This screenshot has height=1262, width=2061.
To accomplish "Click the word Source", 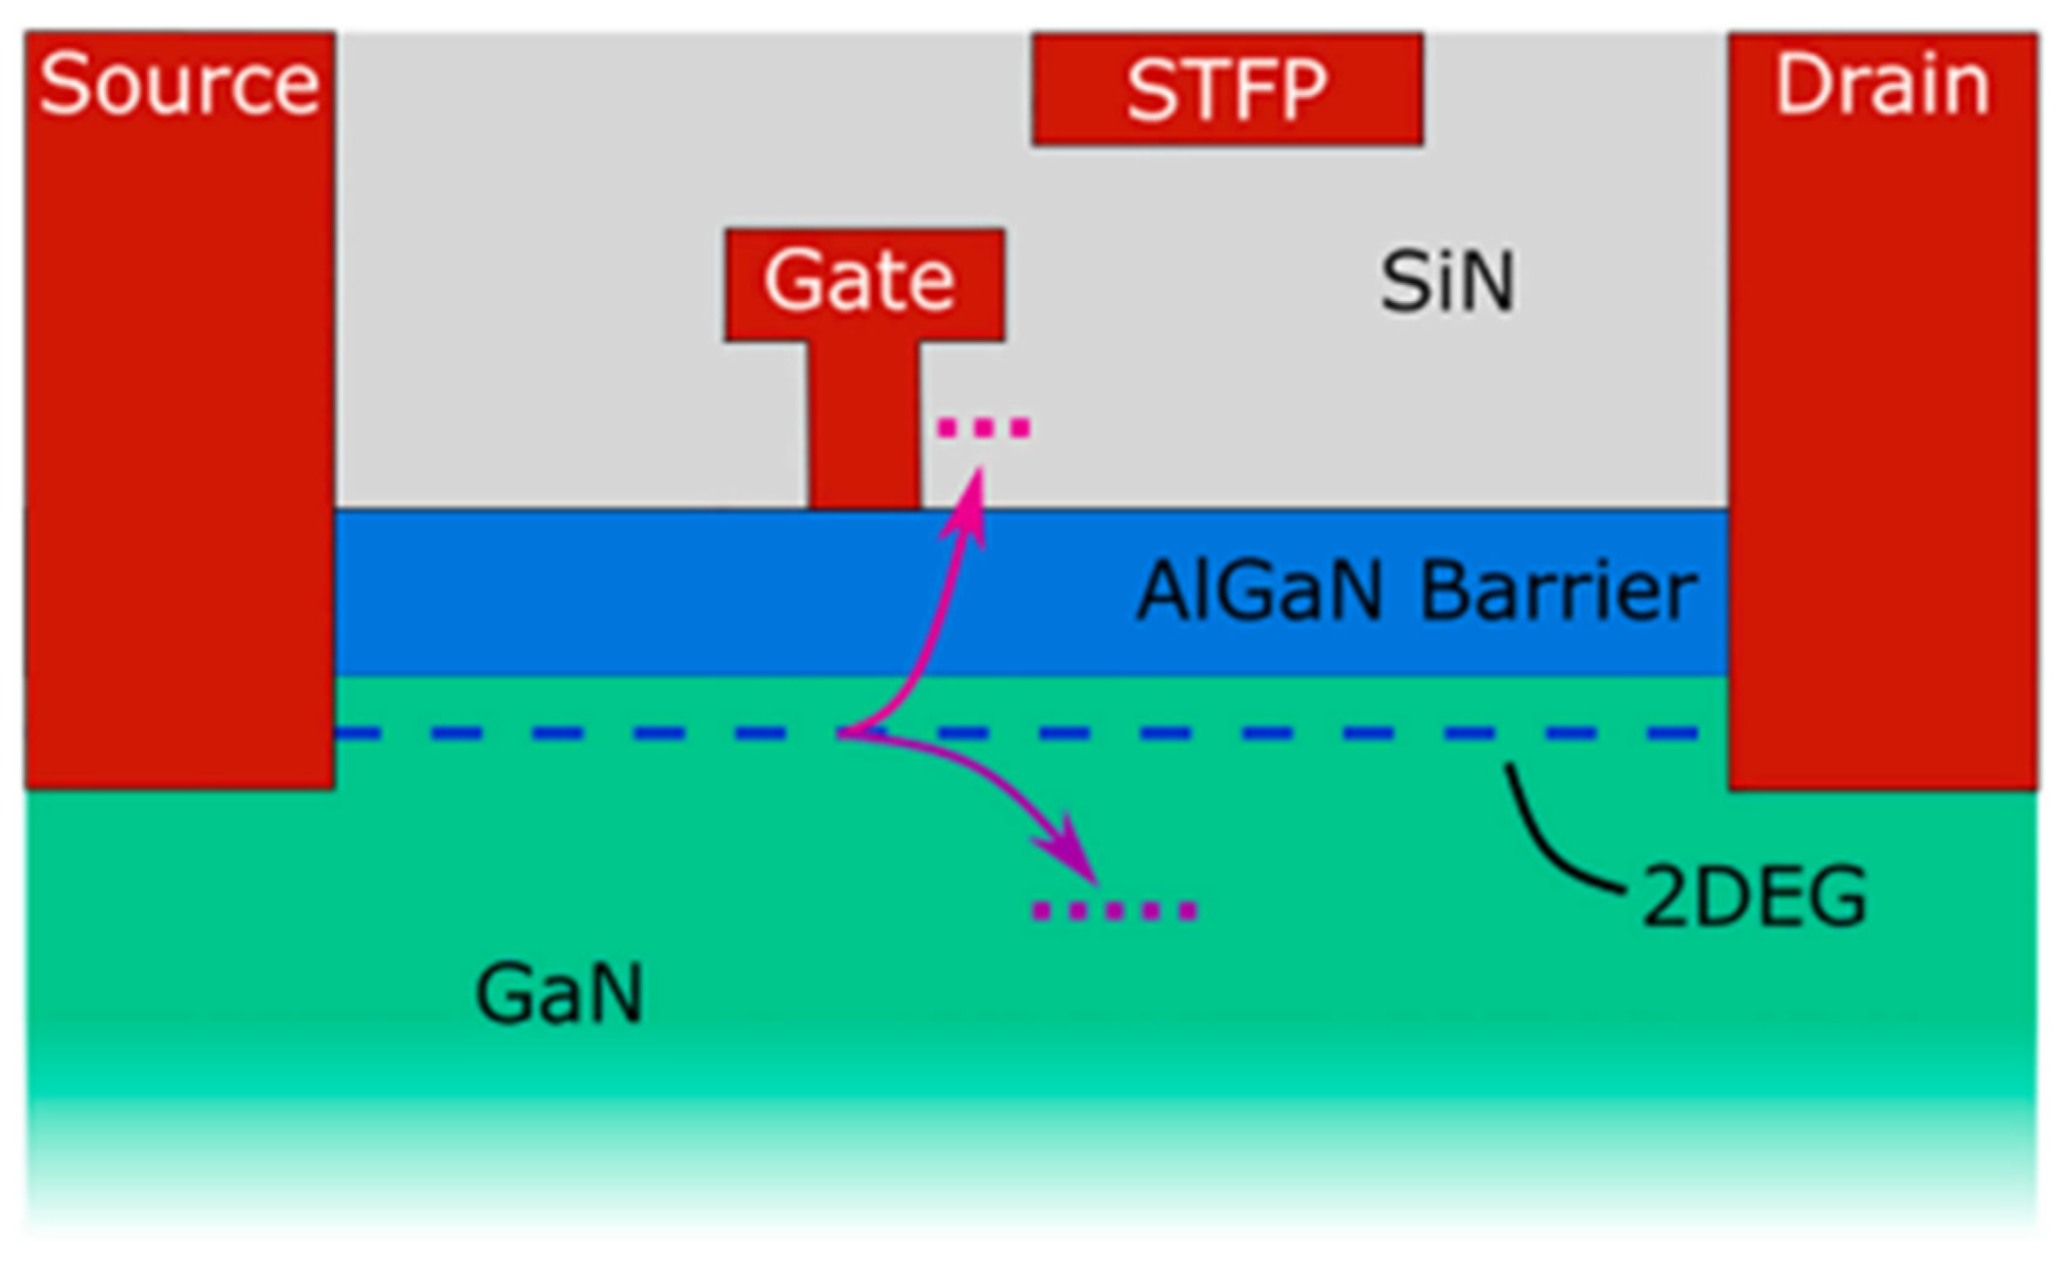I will click(x=180, y=85).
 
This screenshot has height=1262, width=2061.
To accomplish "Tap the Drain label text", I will click(x=1882, y=85).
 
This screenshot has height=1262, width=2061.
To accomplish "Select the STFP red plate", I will click(x=1226, y=90).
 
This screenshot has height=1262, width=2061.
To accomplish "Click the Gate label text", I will click(x=859, y=280).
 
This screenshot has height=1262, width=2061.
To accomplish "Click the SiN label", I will click(x=1447, y=283).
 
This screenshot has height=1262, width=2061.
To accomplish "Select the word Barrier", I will click(x=1557, y=592).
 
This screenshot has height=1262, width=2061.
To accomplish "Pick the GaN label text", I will click(x=559, y=994).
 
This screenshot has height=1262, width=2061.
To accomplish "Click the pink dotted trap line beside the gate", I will click(x=984, y=426).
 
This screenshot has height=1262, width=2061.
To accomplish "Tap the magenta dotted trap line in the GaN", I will click(x=1115, y=910).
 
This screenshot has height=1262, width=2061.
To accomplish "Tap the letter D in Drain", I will click(x=1800, y=85).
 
